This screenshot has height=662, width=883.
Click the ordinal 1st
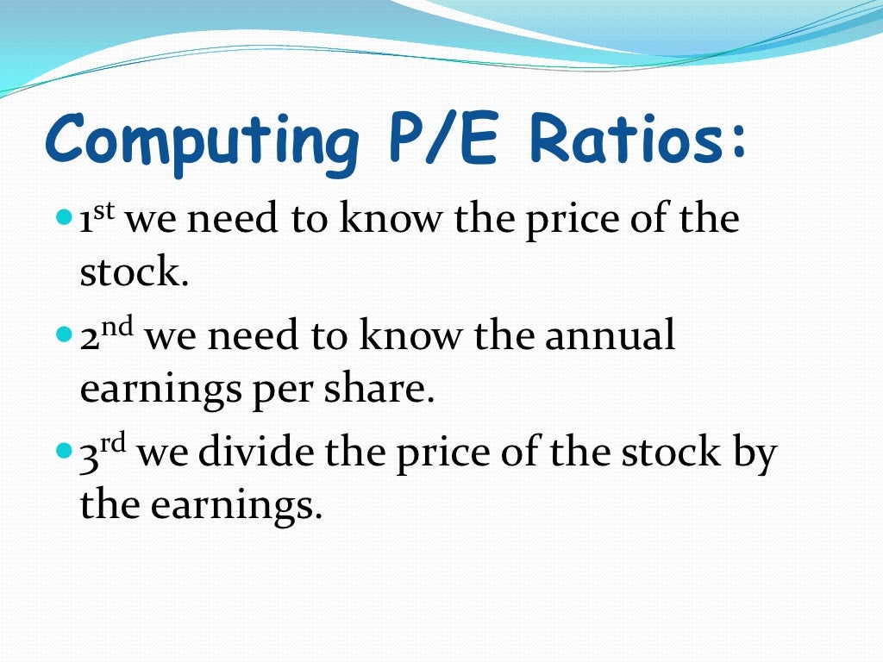(100, 220)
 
